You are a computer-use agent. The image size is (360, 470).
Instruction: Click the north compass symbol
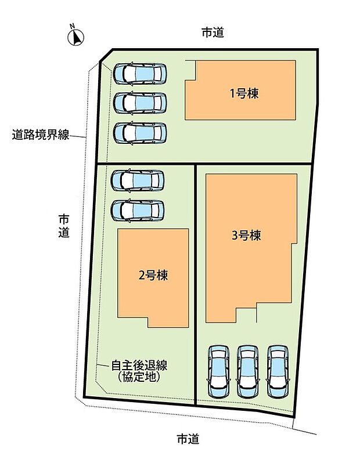click(76, 37)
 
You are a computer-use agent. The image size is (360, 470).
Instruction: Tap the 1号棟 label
click(244, 92)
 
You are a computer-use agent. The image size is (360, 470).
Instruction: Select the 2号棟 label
click(153, 276)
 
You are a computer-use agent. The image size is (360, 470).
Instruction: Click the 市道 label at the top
click(213, 33)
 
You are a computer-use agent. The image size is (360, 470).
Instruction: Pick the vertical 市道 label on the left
click(64, 226)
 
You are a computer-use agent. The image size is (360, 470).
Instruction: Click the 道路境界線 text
click(41, 136)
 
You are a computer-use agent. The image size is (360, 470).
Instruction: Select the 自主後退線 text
click(139, 366)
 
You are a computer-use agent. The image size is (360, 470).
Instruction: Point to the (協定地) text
click(139, 377)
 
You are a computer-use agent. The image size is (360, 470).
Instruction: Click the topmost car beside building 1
click(140, 74)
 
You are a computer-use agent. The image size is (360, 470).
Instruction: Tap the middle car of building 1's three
click(140, 103)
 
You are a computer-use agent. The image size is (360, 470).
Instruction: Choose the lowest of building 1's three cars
click(140, 133)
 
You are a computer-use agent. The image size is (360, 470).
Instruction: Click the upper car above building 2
click(138, 180)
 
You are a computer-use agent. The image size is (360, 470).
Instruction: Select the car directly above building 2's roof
click(138, 210)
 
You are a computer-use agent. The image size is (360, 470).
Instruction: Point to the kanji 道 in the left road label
click(64, 233)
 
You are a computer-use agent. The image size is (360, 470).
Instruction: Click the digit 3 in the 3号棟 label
click(235, 236)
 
